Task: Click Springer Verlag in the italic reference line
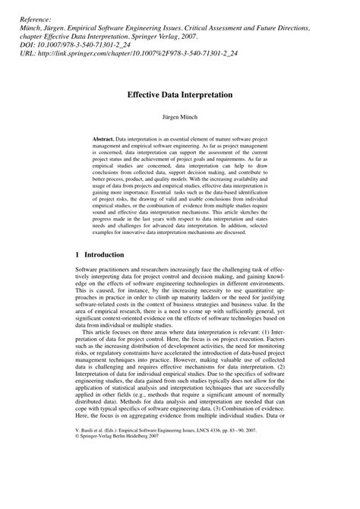coord(204,36)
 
